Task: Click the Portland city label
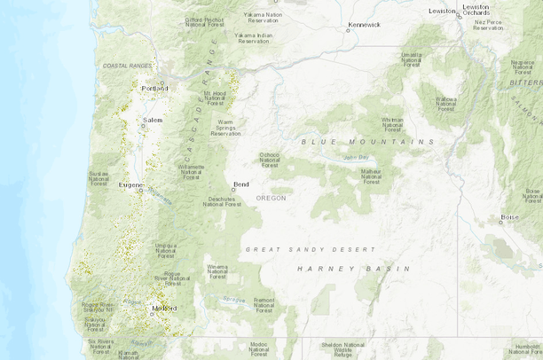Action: coord(155,89)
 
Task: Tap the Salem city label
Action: coord(153,120)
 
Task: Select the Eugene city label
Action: coord(130,184)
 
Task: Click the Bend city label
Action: coord(240,184)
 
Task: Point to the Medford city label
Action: coord(164,309)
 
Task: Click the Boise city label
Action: coord(509,216)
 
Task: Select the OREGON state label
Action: coord(271,198)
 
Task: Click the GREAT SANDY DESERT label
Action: coord(311,249)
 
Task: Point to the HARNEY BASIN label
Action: coord(353,268)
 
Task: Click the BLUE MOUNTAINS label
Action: coord(367,142)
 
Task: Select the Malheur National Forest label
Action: coord(371,176)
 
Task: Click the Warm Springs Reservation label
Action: coord(226,127)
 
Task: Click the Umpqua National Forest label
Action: coord(166,250)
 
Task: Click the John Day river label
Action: coord(355,158)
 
